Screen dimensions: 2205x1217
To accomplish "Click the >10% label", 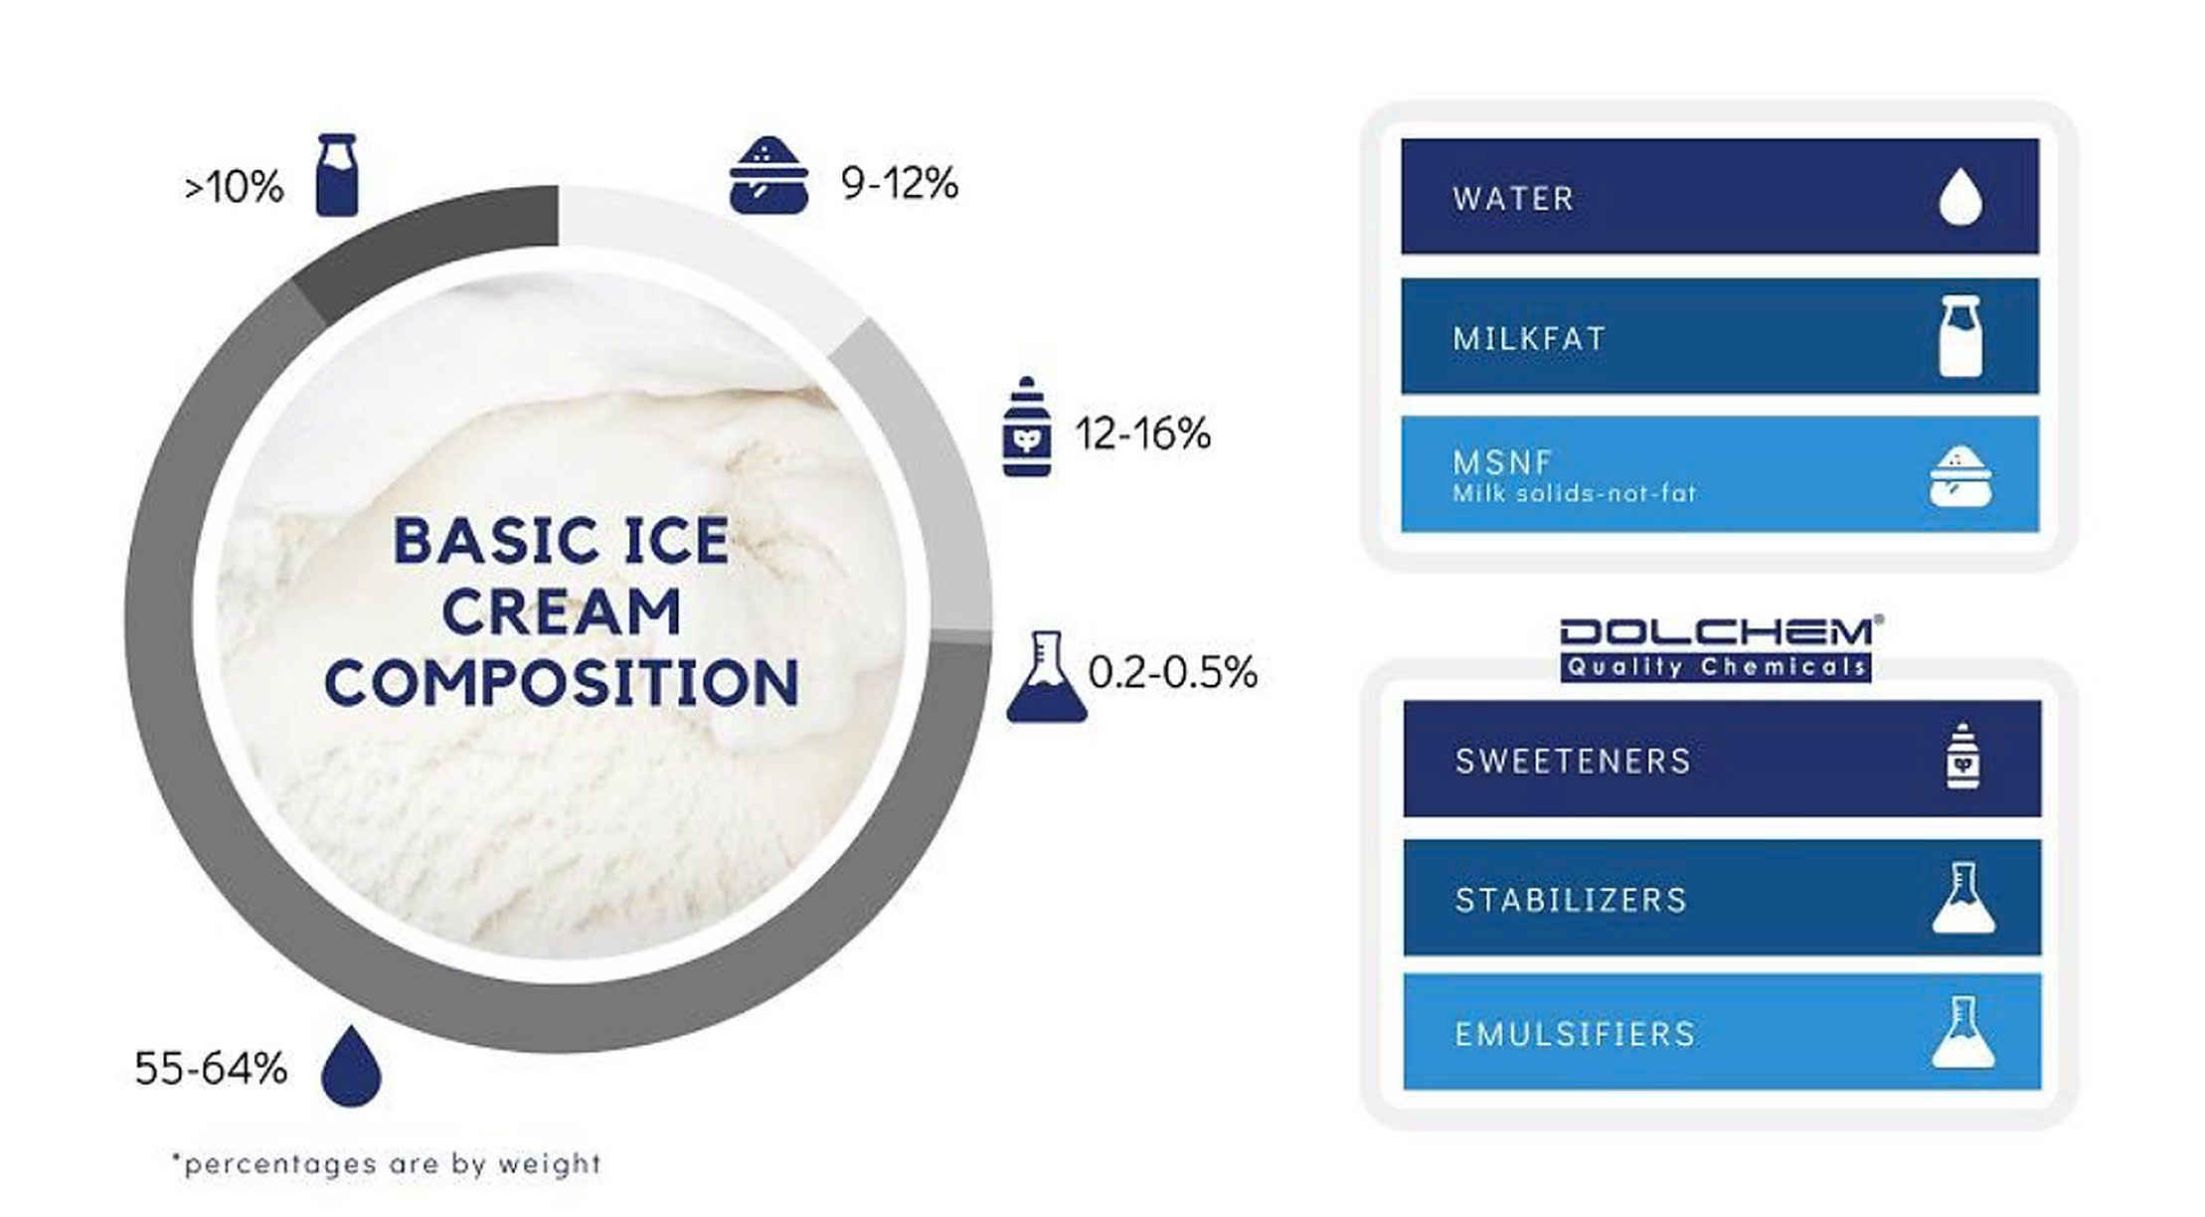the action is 234,187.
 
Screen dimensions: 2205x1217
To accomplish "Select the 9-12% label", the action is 900,183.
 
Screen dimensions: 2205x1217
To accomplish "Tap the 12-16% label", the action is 1143,434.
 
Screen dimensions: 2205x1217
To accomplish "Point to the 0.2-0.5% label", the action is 1173,673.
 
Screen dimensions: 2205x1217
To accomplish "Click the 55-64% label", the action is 211,1069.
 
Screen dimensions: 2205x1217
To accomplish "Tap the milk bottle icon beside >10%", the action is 337,175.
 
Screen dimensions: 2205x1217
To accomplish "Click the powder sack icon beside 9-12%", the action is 768,176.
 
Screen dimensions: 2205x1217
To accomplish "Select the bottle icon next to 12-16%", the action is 1027,427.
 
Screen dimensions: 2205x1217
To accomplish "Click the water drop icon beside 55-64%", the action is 352,1066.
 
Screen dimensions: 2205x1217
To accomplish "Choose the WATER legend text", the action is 1513,199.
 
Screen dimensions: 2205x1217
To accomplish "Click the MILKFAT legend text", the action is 1529,339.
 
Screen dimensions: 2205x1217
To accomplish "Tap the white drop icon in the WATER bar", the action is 1960,197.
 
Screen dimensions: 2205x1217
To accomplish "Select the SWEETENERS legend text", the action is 1573,762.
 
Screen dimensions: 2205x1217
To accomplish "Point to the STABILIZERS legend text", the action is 1571,901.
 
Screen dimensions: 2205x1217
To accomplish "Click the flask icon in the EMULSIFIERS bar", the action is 1963,1032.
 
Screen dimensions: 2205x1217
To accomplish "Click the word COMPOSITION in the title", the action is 562,682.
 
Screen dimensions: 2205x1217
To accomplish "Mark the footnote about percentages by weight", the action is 387,1163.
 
